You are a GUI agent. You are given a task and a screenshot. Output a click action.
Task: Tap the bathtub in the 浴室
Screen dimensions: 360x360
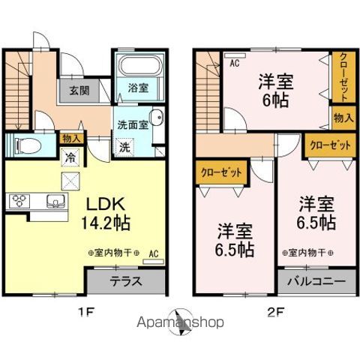[139, 71]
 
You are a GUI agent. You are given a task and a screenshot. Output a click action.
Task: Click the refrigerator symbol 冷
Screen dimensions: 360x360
[70, 158]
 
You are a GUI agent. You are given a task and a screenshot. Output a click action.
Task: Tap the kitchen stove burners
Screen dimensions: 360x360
[18, 200]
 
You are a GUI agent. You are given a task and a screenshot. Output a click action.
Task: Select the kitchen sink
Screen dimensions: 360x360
[54, 200]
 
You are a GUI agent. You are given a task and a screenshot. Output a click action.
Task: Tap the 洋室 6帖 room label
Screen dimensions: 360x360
[276, 90]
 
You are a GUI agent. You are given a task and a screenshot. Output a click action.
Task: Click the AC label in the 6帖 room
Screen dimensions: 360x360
[233, 63]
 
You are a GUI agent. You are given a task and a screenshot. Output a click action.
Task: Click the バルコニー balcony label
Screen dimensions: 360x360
[315, 283]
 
